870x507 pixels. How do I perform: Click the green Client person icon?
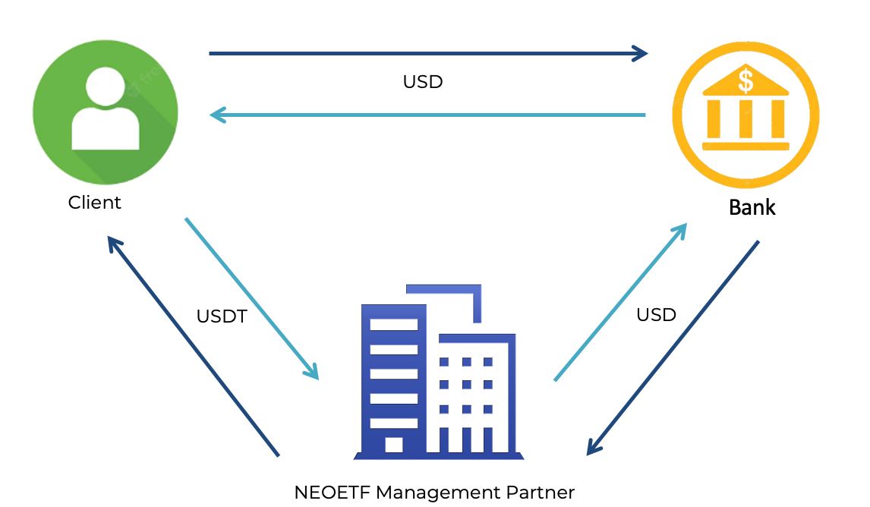106,112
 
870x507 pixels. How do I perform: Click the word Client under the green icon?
94,203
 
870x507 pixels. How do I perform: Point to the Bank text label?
752,207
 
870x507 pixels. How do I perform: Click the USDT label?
222,316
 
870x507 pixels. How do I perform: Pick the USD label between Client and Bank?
423,82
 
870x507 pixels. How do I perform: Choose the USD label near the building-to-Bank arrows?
656,314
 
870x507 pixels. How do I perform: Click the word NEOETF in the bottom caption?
332,492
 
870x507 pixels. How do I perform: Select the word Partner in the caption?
542,492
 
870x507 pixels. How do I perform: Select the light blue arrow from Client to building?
251,298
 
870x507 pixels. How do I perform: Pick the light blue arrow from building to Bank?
620,302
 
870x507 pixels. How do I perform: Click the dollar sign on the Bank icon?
745,78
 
